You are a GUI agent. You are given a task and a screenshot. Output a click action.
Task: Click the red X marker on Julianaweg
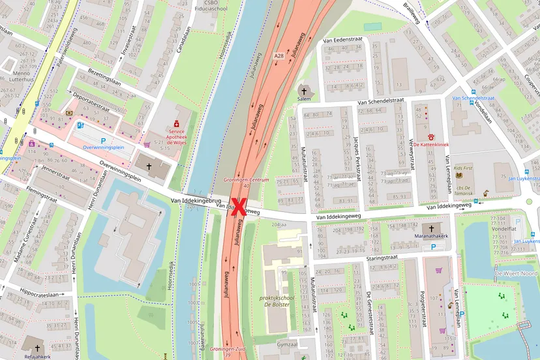point(239,206)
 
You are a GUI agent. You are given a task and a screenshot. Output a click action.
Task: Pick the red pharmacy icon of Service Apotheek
point(176,123)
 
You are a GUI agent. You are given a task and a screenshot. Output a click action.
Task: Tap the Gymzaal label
point(286,344)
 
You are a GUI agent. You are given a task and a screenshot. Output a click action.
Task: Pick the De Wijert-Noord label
point(517,273)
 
